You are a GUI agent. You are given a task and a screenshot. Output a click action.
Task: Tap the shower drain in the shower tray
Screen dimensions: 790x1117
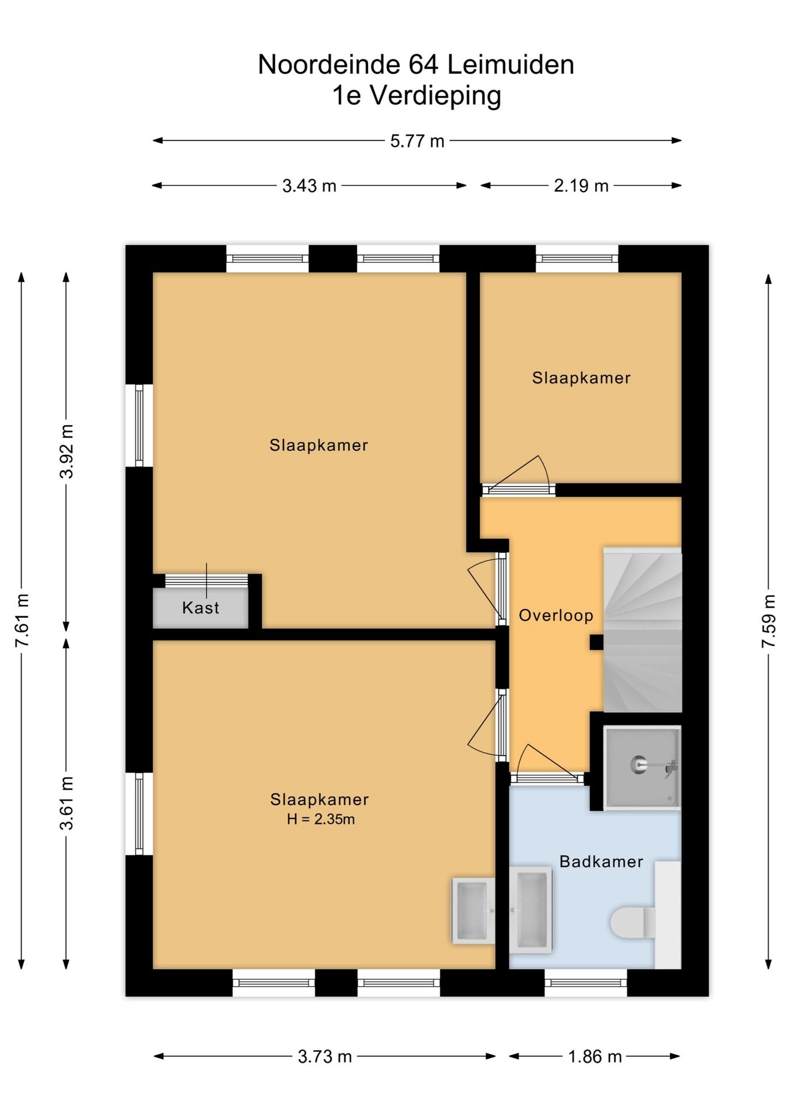639,764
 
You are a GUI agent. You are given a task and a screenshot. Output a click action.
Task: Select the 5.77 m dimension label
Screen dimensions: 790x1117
417,141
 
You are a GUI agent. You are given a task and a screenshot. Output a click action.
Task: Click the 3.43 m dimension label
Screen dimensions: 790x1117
309,186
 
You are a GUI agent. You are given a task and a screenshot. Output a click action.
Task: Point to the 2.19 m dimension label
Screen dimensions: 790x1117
581,186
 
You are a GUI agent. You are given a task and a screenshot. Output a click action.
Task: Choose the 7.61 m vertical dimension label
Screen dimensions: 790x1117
22,621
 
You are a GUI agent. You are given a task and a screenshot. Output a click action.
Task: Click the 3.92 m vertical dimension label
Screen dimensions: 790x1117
67,451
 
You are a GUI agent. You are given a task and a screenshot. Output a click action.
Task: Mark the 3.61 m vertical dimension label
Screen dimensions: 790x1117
67,803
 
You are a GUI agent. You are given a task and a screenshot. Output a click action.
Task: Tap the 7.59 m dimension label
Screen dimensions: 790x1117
769,621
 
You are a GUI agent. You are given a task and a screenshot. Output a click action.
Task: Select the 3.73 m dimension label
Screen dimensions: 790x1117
325,1056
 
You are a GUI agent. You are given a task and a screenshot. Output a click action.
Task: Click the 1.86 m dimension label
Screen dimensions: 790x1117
595,1056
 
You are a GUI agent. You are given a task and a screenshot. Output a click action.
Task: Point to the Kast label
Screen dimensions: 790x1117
201,608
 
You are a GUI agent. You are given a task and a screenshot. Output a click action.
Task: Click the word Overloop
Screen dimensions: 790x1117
556,616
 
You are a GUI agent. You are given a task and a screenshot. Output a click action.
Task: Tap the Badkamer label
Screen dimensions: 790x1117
602,862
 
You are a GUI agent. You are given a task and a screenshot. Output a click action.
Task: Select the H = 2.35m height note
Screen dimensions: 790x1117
321,819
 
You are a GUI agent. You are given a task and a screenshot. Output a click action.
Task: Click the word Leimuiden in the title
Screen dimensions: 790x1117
511,65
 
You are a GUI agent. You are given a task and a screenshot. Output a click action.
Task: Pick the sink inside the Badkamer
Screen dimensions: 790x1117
531,910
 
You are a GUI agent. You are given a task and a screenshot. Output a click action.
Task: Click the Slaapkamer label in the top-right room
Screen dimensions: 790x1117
581,378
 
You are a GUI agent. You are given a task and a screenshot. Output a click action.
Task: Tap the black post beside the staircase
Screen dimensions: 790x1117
596,642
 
